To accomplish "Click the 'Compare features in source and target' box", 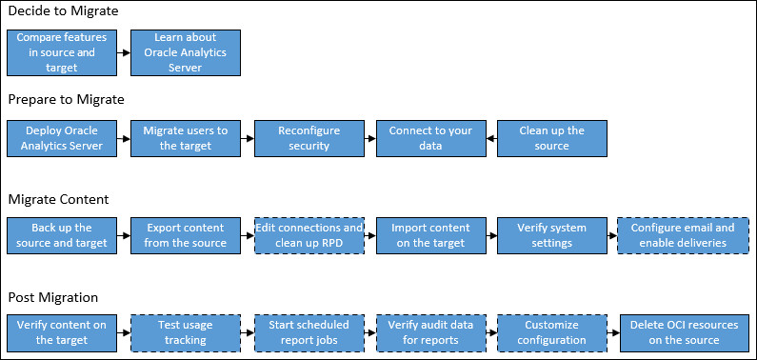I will click(62, 53).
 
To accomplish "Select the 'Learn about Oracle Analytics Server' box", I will click(186, 53).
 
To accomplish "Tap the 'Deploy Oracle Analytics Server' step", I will click(62, 138).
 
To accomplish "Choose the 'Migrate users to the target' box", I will click(186, 138).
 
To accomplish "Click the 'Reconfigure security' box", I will click(309, 138).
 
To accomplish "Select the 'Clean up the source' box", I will click(553, 138).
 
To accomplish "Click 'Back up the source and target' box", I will click(62, 235).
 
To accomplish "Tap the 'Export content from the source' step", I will click(186, 235).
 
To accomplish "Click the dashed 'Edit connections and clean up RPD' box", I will click(309, 235).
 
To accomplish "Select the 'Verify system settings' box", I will click(553, 235).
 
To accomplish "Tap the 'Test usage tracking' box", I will click(186, 332).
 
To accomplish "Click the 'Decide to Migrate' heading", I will click(65, 12).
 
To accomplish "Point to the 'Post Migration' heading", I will click(55, 297).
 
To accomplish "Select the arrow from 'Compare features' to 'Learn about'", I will click(124, 53).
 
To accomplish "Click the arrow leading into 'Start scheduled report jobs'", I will click(247, 332).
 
